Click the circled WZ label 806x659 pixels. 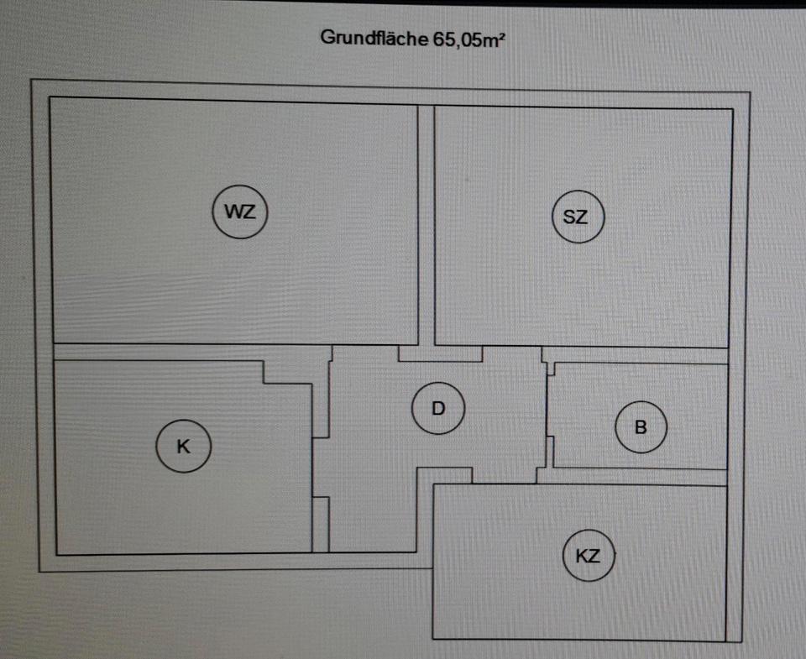[x=239, y=212]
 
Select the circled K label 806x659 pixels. [x=183, y=447]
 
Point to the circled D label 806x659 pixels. [x=437, y=409]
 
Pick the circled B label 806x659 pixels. [x=641, y=427]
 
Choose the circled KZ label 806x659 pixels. [x=589, y=555]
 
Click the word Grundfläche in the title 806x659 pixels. [x=375, y=38]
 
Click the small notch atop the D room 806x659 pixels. [x=440, y=353]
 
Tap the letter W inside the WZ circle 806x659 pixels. [x=233, y=212]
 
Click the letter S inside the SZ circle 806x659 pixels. [x=570, y=217]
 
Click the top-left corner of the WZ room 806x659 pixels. [x=50, y=98]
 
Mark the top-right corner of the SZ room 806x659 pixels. [x=732, y=109]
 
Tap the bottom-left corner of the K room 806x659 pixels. [x=57, y=554]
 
